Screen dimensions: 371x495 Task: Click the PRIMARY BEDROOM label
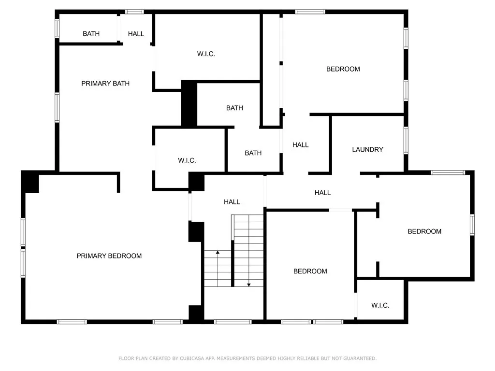[109, 256]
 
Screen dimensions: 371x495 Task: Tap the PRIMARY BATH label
[105, 84]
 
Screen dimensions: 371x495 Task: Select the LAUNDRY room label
[367, 150]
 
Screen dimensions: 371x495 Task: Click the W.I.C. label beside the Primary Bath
[206, 54]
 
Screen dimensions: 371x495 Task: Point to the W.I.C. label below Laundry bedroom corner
[380, 305]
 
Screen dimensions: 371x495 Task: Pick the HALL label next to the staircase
[232, 202]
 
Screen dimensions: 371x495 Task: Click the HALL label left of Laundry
[300, 145]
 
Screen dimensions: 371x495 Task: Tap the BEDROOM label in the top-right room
[343, 69]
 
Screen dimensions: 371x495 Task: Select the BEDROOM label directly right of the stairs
[310, 271]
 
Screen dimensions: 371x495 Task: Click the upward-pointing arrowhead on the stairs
[218, 252]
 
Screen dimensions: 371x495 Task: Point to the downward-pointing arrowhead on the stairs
[249, 285]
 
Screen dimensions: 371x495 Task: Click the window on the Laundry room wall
[406, 140]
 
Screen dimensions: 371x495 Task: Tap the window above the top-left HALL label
[135, 12]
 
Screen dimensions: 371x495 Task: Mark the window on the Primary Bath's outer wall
[57, 108]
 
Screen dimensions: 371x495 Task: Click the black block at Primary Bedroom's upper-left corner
[30, 182]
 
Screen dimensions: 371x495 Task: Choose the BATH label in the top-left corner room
[91, 34]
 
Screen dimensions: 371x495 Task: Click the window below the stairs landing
[233, 321]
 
